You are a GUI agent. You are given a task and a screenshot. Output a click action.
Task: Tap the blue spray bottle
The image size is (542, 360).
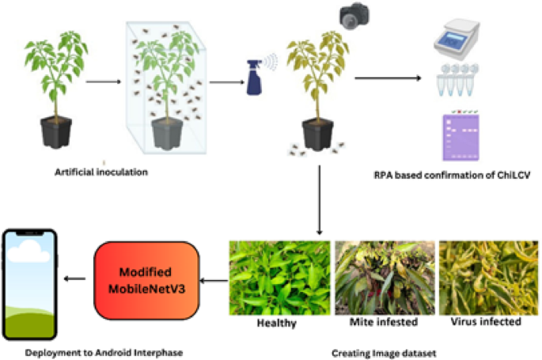[x=257, y=76]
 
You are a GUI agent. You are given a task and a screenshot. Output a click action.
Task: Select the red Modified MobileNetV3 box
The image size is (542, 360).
[x=146, y=277]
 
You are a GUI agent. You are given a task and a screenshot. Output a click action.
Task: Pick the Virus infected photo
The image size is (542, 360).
[x=486, y=278]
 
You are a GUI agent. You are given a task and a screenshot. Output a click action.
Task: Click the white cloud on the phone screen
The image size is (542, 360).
[x=32, y=252]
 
